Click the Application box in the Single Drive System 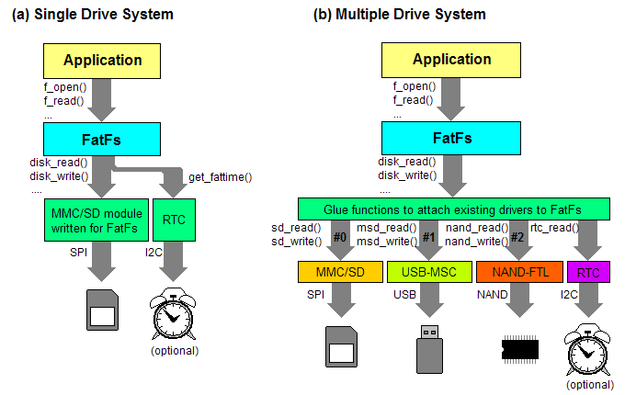pos(102,61)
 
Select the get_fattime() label pos(221,176)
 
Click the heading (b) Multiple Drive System pos(400,15)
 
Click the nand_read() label pos(477,227)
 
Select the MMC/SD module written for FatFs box pos(83,220)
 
